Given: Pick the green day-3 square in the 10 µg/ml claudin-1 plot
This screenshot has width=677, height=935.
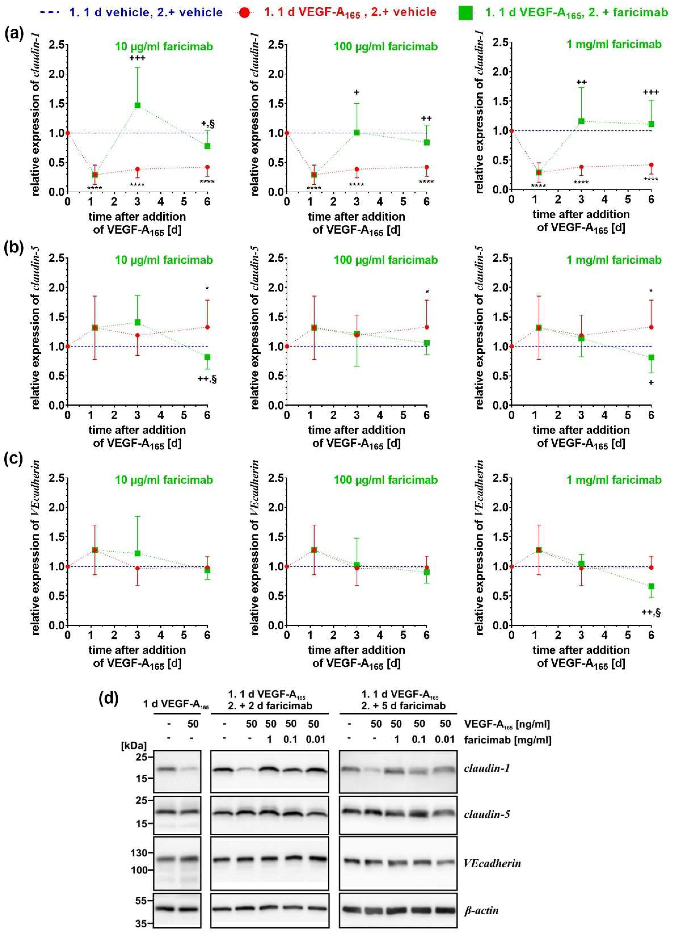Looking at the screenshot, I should (x=137, y=105).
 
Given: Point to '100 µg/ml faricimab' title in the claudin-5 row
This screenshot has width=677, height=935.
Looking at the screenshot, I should (x=386, y=260).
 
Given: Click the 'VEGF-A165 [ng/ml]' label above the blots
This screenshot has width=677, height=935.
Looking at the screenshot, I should (x=507, y=724).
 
